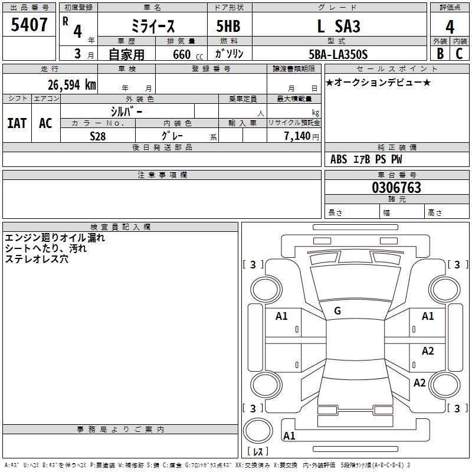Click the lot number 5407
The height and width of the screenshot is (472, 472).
(x=29, y=25)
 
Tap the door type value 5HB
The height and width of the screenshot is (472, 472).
(x=228, y=26)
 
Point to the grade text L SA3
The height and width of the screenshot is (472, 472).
(x=339, y=26)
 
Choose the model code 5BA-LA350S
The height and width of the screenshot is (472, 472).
(x=338, y=54)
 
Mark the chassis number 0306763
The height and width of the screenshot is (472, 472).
(x=396, y=188)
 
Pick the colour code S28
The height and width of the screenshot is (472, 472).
(x=97, y=136)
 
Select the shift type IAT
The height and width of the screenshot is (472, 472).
(x=17, y=123)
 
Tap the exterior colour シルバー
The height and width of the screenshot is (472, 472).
(x=126, y=111)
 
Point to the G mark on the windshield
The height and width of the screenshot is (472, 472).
(x=337, y=311)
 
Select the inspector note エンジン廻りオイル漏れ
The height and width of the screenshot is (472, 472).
(x=55, y=238)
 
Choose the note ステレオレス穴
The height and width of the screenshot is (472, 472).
(x=37, y=259)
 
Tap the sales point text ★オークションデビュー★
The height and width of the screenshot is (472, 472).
(x=378, y=82)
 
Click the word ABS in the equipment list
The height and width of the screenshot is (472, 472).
(x=339, y=159)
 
